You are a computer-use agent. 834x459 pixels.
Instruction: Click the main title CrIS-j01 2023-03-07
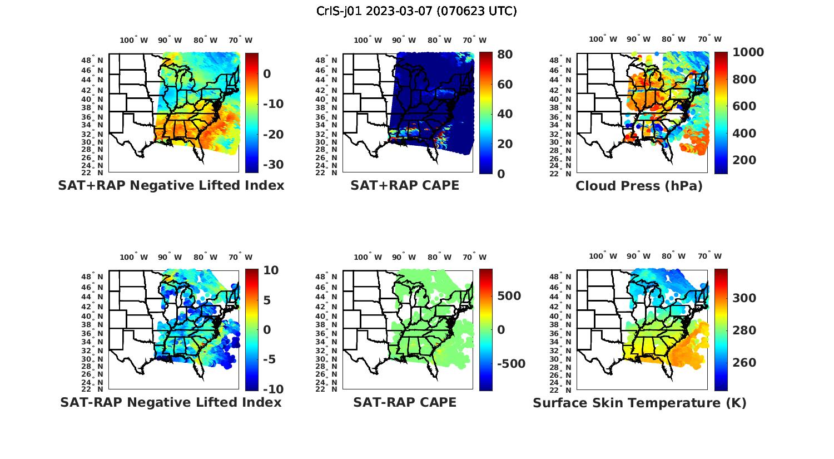416,11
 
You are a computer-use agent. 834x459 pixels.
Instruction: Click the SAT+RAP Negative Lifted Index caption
171,185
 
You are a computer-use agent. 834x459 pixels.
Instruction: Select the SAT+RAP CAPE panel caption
405,185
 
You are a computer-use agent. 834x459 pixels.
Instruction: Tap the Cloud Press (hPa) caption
639,186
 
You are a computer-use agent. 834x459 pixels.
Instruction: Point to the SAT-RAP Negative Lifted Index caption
171,402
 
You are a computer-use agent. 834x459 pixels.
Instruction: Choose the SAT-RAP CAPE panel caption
405,402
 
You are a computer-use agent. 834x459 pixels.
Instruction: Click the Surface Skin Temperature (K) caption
639,403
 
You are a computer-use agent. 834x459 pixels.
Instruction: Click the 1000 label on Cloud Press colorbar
748,52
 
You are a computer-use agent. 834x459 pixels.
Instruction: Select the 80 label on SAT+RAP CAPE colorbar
505,55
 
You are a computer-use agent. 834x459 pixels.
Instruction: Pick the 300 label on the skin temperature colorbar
744,298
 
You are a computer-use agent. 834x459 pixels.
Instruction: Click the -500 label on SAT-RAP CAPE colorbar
510,364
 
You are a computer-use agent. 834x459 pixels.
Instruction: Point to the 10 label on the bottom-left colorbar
271,270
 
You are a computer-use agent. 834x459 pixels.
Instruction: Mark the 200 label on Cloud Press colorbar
744,160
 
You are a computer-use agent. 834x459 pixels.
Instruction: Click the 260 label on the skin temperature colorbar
744,363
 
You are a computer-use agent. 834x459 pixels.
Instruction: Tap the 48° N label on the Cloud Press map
568,60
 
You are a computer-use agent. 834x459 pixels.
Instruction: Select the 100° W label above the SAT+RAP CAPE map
368,40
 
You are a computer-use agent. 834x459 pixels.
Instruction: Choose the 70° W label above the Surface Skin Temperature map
710,256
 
